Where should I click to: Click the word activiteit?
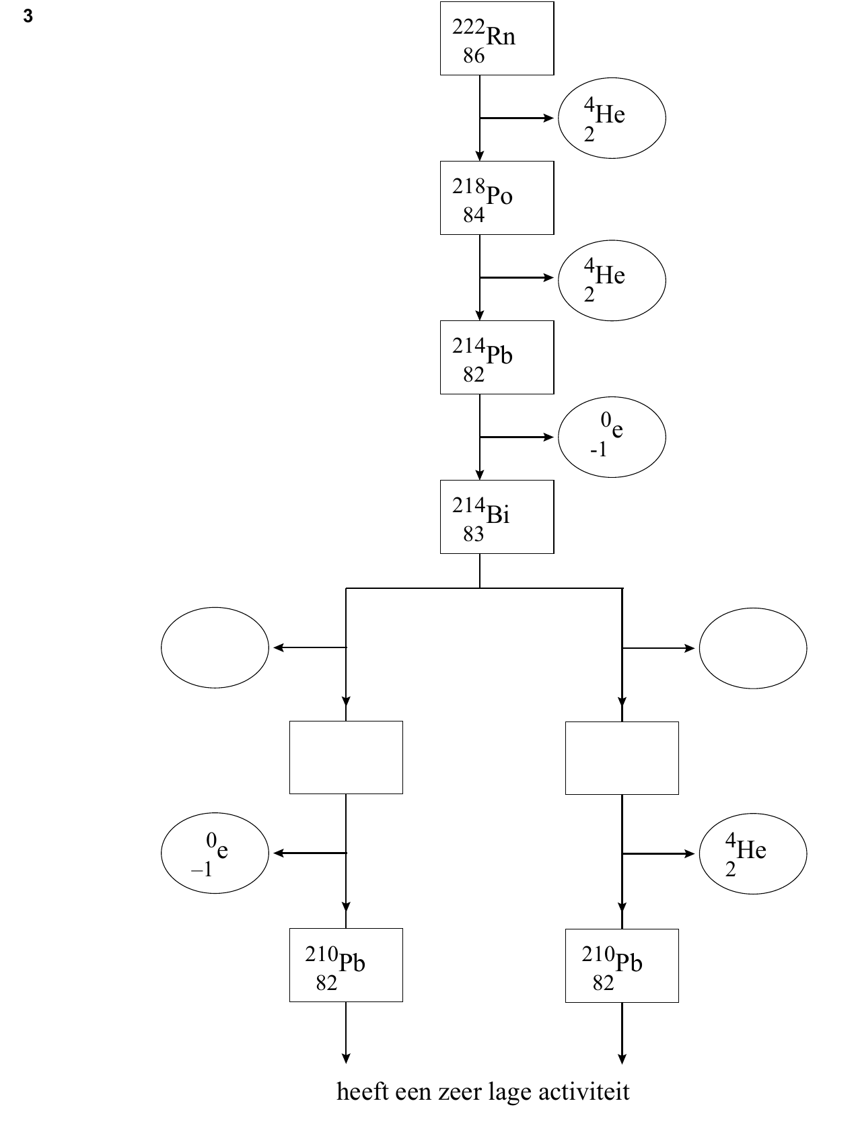pyautogui.click(x=583, y=1091)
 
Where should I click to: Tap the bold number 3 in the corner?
pyautogui.click(x=28, y=16)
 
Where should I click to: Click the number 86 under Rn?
pyautogui.click(x=473, y=55)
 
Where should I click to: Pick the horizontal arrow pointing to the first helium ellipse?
pyautogui.click(x=516, y=118)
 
